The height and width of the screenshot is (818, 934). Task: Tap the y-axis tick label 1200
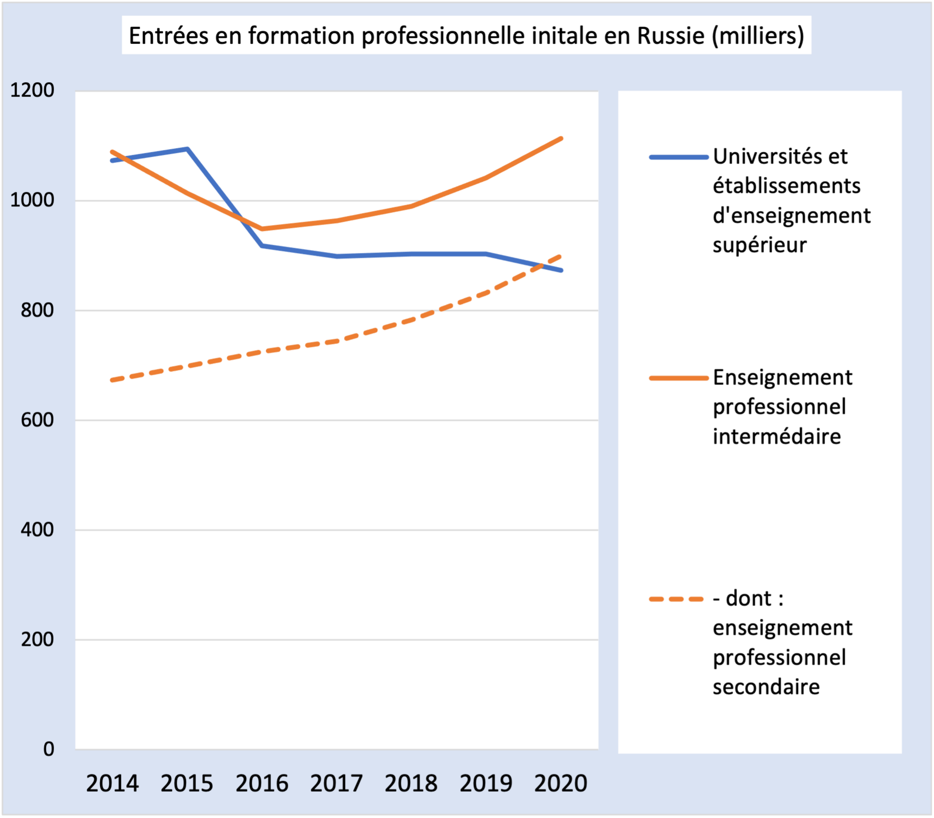pyautogui.click(x=32, y=90)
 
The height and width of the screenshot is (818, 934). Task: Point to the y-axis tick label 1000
pyautogui.click(x=32, y=200)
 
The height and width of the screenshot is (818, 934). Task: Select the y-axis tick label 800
pyautogui.click(x=37, y=310)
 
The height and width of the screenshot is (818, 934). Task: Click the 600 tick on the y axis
pyautogui.click(x=37, y=419)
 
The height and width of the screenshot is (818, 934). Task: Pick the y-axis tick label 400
pyautogui.click(x=37, y=529)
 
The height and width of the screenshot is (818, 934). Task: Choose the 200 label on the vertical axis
pyautogui.click(x=37, y=639)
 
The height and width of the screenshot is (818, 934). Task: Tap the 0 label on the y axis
pyautogui.click(x=48, y=749)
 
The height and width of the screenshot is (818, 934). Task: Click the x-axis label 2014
pyautogui.click(x=112, y=783)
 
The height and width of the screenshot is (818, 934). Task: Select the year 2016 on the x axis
pyautogui.click(x=262, y=783)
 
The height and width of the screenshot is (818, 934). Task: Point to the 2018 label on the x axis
pyautogui.click(x=411, y=783)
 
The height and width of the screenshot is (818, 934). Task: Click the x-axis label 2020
pyautogui.click(x=560, y=783)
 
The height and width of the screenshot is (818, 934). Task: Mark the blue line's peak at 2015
pyautogui.click(x=187, y=149)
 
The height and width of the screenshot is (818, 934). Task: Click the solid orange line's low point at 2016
pyautogui.click(x=262, y=229)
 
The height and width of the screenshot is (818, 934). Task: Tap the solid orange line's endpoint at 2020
pyautogui.click(x=561, y=138)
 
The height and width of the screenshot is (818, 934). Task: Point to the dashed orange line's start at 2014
pyautogui.click(x=112, y=380)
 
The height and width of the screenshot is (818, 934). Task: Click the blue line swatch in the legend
pyautogui.click(x=678, y=157)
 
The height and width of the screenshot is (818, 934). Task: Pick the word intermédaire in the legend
pyautogui.click(x=776, y=436)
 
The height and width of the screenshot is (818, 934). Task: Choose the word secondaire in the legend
pyautogui.click(x=766, y=687)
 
